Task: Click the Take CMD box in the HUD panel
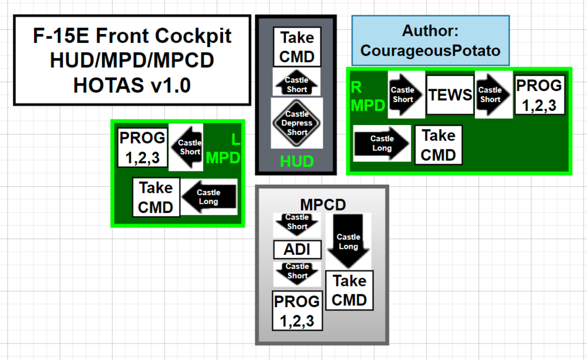296,47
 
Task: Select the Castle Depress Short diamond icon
297,123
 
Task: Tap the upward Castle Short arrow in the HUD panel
296,83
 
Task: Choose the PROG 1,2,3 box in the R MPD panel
539,95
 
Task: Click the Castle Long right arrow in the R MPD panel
382,143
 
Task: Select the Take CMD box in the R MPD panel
438,145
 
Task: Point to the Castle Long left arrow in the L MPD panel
210,197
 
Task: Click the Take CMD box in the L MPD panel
156,197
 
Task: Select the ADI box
297,250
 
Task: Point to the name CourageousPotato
430,51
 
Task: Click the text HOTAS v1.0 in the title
131,85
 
